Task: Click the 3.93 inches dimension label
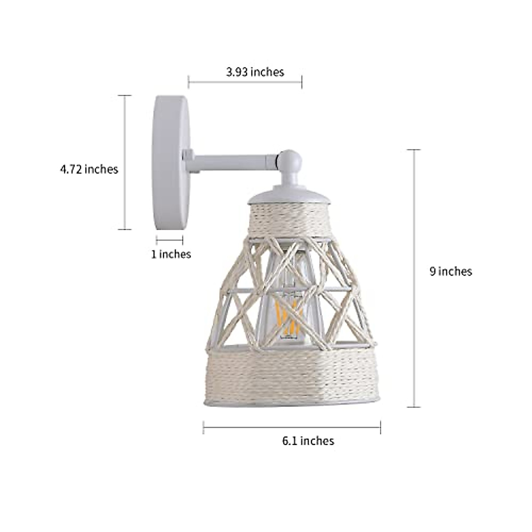tap(255, 72)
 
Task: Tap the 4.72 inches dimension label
tap(89, 169)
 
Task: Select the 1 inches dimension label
tap(171, 254)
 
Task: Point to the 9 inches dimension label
tap(450, 271)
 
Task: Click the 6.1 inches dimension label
tap(308, 441)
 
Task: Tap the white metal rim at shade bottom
tap(290, 401)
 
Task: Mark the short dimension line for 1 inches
tap(170, 240)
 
